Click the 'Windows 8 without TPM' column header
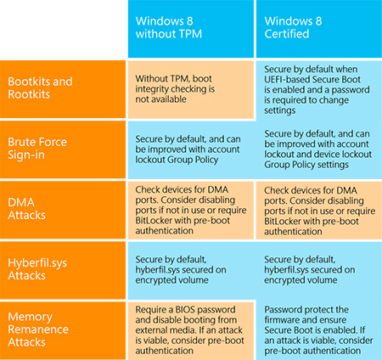191,29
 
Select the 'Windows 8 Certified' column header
319,29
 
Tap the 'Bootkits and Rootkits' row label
63,89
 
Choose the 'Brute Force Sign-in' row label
63,149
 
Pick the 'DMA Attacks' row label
63,210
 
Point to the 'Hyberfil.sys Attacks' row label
63,270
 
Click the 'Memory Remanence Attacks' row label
63,330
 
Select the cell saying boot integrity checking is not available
191,89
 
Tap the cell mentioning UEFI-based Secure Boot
319,90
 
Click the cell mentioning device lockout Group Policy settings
319,149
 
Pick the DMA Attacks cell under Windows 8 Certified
319,211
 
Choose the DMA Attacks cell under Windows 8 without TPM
191,210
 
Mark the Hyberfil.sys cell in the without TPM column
191,270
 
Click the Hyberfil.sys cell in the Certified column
319,270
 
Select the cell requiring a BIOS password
191,330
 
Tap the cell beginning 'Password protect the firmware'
319,330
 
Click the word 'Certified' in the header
287,34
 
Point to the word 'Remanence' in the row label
38,329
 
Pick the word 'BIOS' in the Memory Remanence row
186,309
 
